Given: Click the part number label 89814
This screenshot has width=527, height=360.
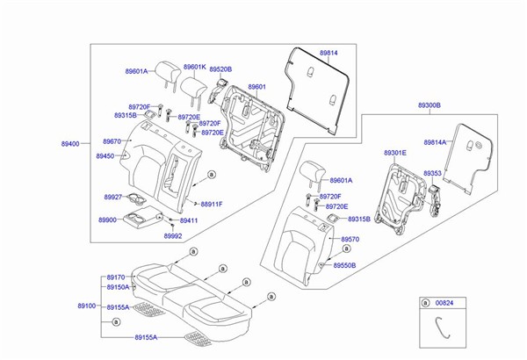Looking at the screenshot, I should [x=328, y=54].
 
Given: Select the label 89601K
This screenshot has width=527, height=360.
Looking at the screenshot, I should [x=194, y=67].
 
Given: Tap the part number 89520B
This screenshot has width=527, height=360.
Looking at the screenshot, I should [x=220, y=68].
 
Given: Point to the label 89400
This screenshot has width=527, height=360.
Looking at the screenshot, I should [x=69, y=143].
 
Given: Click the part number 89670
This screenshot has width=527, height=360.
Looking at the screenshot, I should [x=112, y=141].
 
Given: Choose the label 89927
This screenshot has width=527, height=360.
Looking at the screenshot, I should [x=112, y=198].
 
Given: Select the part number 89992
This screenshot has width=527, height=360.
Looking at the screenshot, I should [x=173, y=235].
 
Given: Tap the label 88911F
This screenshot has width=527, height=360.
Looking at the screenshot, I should [x=212, y=204].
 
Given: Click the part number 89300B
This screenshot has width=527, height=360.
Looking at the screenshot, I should [x=430, y=104].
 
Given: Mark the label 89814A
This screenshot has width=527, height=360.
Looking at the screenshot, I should [x=435, y=141].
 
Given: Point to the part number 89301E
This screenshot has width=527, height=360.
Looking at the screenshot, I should [x=395, y=153].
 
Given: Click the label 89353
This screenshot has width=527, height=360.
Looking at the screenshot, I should [x=432, y=174].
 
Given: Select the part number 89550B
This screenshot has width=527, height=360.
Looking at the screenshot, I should [x=351, y=264].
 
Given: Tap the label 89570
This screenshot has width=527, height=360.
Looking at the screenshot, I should [x=350, y=239].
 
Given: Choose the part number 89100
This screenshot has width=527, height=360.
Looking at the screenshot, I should [x=86, y=306].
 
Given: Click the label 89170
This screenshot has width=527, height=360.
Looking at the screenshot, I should [x=116, y=277].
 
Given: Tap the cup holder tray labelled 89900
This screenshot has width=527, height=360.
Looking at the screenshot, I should [x=142, y=219].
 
